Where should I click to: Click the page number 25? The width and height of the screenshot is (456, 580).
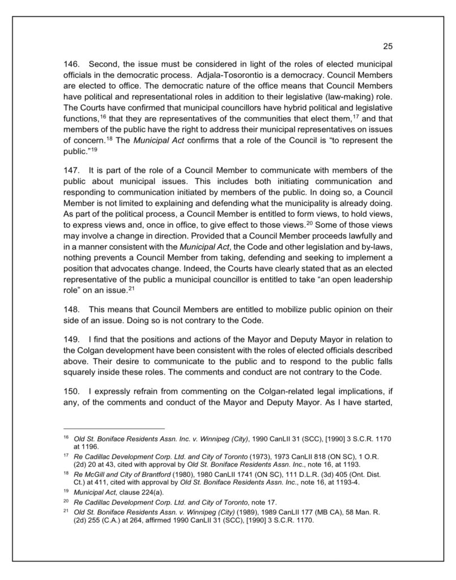(387, 46)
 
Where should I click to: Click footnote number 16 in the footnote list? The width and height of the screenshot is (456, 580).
(66, 439)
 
